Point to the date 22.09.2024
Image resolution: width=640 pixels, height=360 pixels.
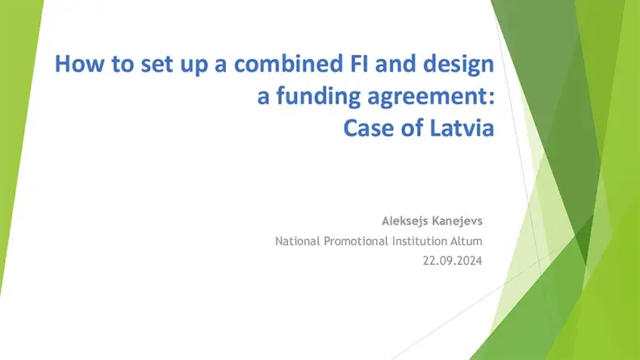click(453, 261)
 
